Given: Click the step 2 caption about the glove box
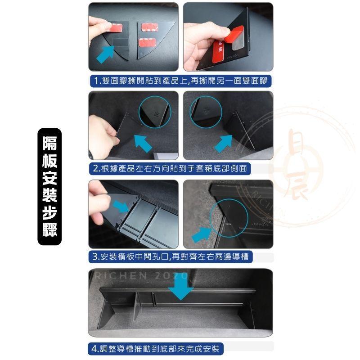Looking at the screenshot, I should pyautogui.click(x=170, y=169).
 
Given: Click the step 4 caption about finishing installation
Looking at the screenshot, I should pyautogui.click(x=155, y=349).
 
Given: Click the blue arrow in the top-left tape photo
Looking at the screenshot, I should pyautogui.click(x=106, y=56).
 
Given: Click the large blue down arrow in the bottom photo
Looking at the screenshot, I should pyautogui.click(x=183, y=287).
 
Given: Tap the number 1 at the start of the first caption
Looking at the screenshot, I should pyautogui.click(x=94, y=81).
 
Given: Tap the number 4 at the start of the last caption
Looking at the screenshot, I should pyautogui.click(x=93, y=349).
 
